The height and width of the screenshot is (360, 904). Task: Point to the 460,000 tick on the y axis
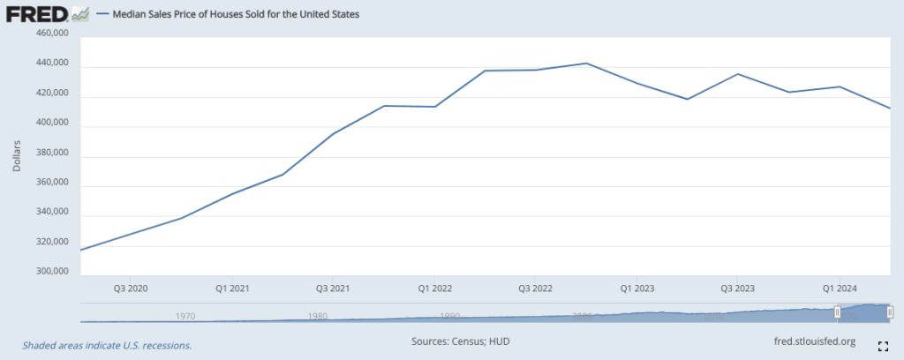50,34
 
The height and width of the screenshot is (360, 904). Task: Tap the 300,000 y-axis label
50,272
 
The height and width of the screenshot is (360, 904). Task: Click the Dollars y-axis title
17,154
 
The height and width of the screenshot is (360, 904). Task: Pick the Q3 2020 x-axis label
131,289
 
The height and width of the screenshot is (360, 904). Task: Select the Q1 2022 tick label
434,289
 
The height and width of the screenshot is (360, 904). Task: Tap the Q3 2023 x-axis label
738,289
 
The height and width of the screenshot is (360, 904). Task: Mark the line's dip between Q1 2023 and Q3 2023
687,99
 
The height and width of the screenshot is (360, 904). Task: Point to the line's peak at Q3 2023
738,74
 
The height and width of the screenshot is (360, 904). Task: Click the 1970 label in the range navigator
185,315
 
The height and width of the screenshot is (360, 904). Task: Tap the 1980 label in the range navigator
318,315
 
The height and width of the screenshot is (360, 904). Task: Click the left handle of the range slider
838,311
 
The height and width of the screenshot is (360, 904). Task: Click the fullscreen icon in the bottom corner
882,345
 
